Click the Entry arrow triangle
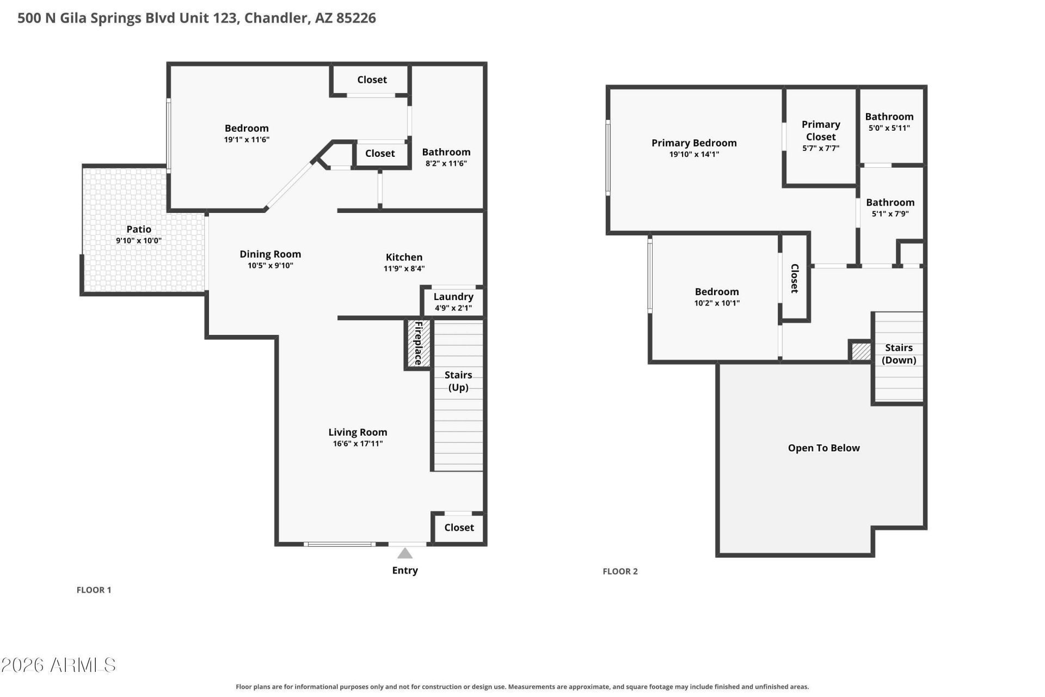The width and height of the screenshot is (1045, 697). point(404,553)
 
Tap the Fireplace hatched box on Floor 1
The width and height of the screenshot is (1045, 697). point(419,343)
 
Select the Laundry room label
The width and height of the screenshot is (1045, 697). point(453,297)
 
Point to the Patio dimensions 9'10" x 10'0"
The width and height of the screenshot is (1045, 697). point(139,241)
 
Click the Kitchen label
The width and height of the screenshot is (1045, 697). point(404,257)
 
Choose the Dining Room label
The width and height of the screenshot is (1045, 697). point(270,254)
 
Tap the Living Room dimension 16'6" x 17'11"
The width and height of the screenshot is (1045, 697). point(358,444)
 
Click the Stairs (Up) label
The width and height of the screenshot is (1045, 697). point(458,381)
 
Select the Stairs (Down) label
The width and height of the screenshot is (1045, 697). point(899,354)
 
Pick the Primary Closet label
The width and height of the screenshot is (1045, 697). point(821,131)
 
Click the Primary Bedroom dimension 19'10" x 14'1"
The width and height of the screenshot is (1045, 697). point(694,155)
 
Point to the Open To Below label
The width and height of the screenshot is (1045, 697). point(823,448)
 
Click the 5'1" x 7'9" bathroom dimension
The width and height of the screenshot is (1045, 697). point(890,214)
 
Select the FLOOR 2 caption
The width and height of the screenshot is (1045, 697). point(620,571)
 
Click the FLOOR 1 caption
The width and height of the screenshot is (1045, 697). point(94,590)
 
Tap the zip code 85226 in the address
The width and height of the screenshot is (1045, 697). point(356,18)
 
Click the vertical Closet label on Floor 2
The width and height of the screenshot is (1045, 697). point(794,278)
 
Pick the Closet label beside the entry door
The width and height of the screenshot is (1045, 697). point(459,528)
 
